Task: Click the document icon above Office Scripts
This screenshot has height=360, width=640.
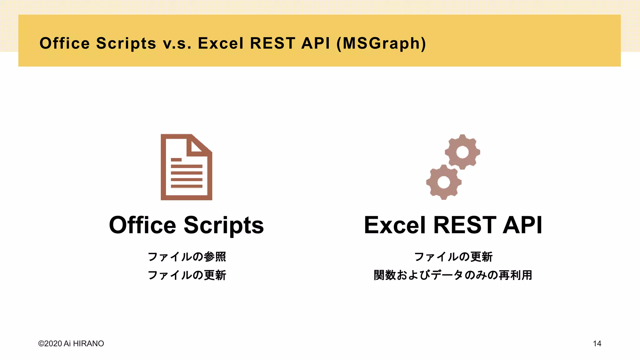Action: (186, 167)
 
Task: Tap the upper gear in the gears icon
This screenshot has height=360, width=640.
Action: (462, 152)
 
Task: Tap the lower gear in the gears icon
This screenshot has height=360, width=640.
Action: (444, 182)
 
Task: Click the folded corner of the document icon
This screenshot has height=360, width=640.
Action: (199, 145)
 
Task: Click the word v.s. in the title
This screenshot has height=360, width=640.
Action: (177, 43)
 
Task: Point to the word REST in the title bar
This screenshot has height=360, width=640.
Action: (272, 43)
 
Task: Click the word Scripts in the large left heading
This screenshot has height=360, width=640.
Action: (224, 225)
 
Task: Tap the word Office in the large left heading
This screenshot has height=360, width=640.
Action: (142, 225)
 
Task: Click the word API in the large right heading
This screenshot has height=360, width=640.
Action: (522, 225)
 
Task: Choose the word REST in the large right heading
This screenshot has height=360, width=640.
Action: (465, 225)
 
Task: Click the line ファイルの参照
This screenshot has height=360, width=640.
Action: (187, 257)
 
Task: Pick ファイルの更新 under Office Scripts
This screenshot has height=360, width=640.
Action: (187, 275)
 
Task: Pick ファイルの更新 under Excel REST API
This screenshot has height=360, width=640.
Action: (453, 257)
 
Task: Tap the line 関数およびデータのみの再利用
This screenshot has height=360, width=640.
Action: (453, 275)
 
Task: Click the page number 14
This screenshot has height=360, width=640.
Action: (597, 343)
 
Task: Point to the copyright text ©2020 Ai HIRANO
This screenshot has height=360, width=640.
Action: (71, 343)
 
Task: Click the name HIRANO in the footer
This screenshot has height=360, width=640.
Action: (88, 343)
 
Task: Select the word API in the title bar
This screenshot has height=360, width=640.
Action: (315, 43)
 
